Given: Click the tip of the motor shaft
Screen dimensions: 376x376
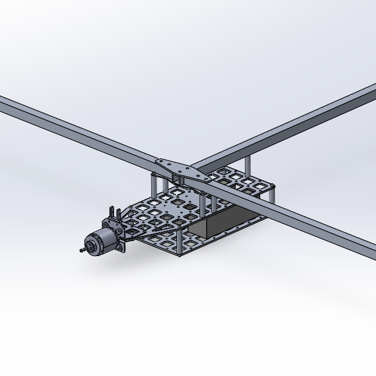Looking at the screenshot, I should click(x=80, y=250).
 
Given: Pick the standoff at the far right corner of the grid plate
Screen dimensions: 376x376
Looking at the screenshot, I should click(x=272, y=191).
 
